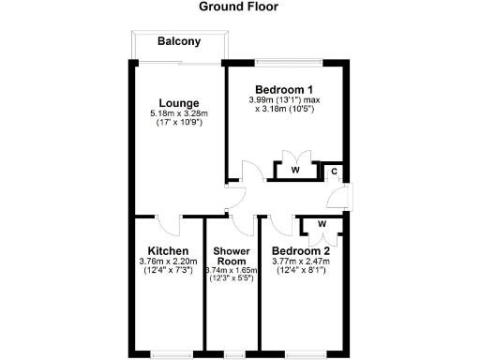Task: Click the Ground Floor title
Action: click(239, 7)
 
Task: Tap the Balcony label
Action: click(178, 41)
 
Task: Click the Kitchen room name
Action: click(164, 251)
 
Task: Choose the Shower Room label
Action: click(230, 257)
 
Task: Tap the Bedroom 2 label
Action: click(300, 251)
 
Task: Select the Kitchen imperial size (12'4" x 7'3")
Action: click(164, 271)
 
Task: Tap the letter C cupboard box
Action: click(333, 172)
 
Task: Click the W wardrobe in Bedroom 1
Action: click(294, 171)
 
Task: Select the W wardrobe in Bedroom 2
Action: click(322, 224)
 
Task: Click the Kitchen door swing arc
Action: click(170, 225)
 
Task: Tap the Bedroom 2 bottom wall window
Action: click(303, 354)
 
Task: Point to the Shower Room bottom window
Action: click(231, 354)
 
